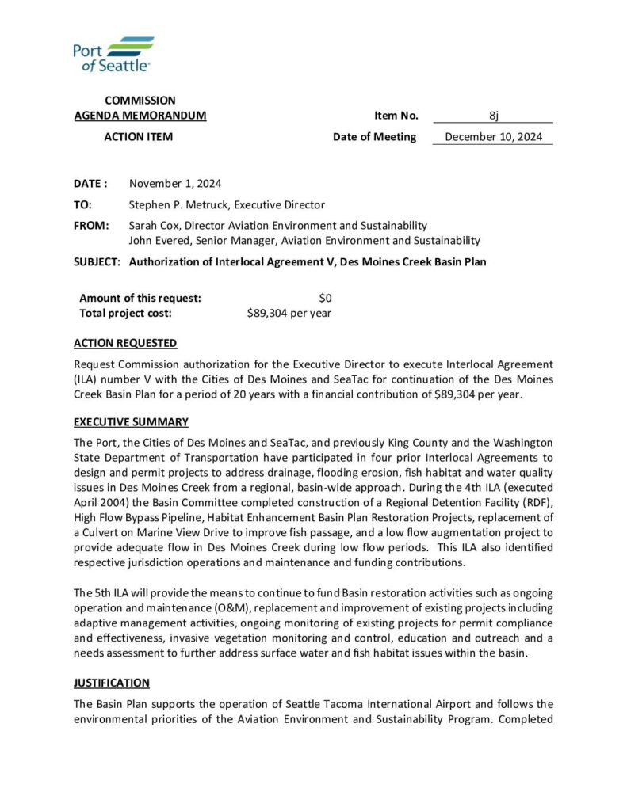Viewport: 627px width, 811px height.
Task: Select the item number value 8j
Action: point(493,116)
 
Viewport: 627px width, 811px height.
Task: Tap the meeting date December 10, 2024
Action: point(493,137)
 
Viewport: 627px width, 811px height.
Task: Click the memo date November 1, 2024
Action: point(175,184)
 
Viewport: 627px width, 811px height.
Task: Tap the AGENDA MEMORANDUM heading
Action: point(140,116)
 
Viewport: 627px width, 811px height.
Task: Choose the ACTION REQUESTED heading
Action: point(125,343)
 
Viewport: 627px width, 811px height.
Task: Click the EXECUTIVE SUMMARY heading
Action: point(131,421)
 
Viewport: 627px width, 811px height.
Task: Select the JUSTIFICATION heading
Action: point(112,682)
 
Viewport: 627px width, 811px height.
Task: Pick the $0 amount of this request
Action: point(324,298)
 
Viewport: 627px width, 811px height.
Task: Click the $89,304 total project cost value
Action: point(289,313)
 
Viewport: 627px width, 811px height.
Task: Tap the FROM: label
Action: point(91,226)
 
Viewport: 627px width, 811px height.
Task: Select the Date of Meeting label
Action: point(374,137)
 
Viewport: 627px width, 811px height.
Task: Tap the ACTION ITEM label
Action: point(139,137)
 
